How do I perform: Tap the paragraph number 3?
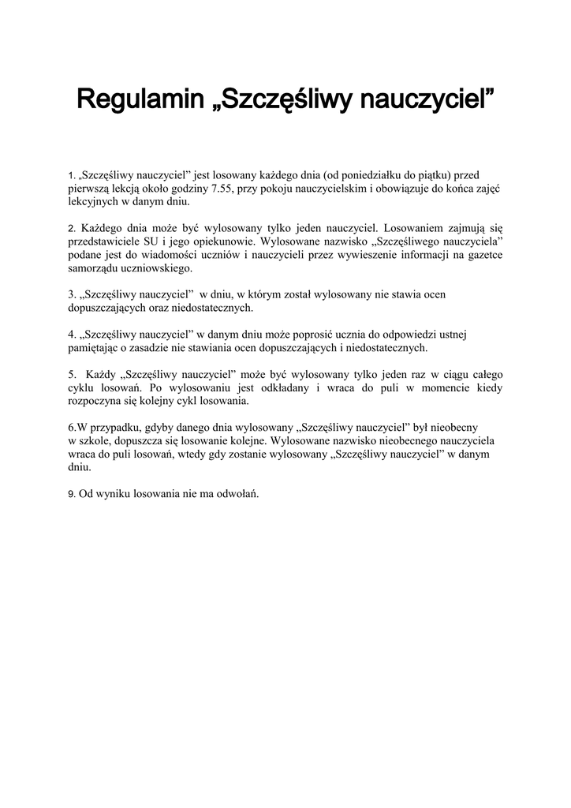click(70, 294)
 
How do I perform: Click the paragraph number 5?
click(71, 373)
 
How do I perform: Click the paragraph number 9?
click(70, 494)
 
